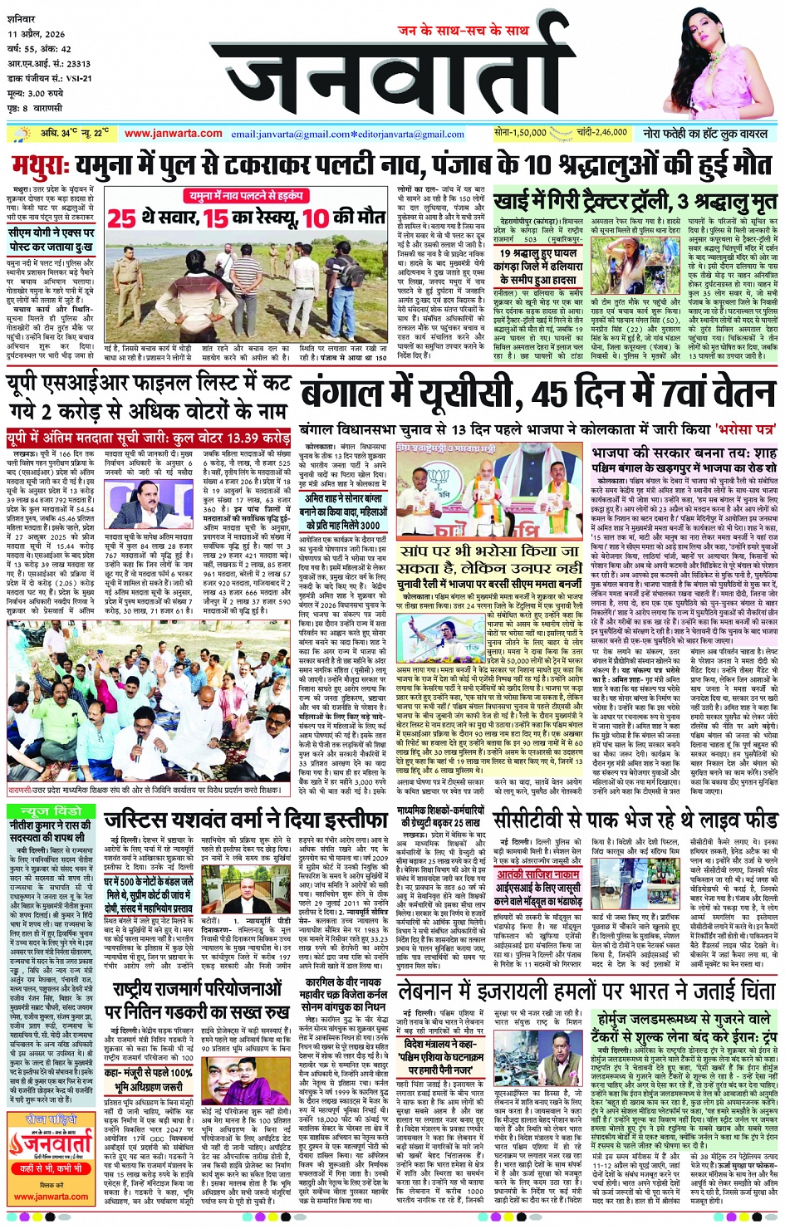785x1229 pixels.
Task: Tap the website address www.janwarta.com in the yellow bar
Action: pyautogui.click(x=173, y=134)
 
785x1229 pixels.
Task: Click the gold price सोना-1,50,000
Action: pyautogui.click(x=520, y=133)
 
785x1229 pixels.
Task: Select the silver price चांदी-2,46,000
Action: pyautogui.click(x=601, y=133)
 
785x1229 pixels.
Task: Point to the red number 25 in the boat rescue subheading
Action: pyautogui.click(x=121, y=218)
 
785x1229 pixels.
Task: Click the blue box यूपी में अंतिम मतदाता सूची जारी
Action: pyautogui.click(x=149, y=438)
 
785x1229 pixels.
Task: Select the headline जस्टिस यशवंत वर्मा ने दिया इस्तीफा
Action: pyautogui.click(x=245, y=820)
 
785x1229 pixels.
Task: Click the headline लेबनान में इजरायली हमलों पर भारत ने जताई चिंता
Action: pyautogui.click(x=585, y=990)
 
